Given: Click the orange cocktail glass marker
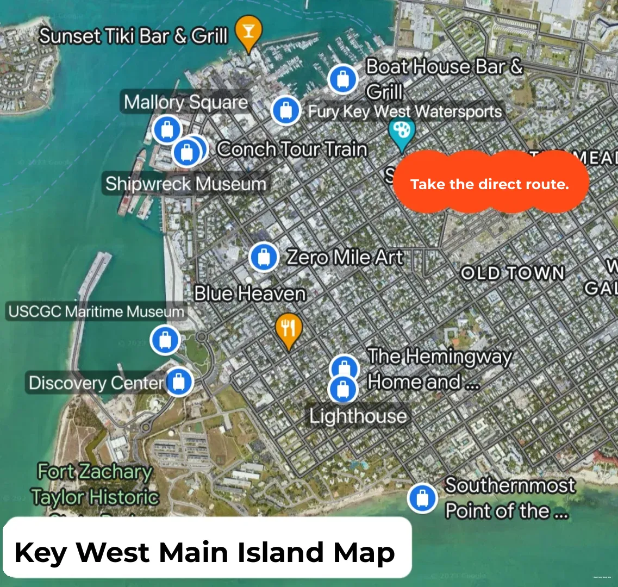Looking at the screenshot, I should point(248,32).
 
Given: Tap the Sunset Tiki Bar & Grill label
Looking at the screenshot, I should point(133,36).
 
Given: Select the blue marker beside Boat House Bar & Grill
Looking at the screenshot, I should point(343,79).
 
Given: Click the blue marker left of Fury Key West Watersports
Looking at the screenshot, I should point(285,110).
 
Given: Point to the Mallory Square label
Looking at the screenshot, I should point(185,102).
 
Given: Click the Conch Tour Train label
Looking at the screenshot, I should point(292,149).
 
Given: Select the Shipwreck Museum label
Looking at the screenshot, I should point(186,184).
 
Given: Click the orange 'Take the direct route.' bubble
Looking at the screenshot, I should point(490,184).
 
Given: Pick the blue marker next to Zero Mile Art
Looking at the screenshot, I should point(264,257).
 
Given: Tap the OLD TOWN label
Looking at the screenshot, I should point(513,272).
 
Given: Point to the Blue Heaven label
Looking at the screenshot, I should point(250,293).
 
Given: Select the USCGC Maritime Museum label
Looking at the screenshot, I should point(96,312).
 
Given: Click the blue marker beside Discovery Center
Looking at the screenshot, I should point(178,382).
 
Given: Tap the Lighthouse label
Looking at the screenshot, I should point(358,416).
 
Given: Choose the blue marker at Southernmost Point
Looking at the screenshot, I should point(422,498).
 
